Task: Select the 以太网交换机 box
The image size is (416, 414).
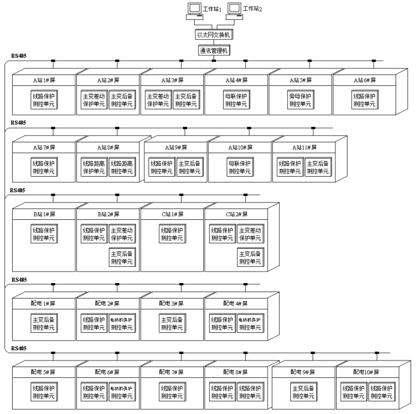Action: click(x=214, y=35)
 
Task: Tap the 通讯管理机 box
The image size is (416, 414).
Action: click(x=214, y=50)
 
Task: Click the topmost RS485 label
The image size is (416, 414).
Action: click(x=19, y=56)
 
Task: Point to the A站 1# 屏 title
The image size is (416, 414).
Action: click(x=44, y=80)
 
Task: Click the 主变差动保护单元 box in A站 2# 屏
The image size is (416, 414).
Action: click(x=93, y=99)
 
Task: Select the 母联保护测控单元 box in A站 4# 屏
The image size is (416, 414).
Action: click(x=236, y=99)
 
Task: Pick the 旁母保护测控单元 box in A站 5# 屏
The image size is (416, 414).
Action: click(x=300, y=99)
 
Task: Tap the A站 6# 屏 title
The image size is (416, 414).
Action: click(x=364, y=80)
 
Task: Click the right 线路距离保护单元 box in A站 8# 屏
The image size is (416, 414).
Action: click(x=121, y=167)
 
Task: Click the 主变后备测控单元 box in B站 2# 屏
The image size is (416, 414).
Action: click(x=121, y=258)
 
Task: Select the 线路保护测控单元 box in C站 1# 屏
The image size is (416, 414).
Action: click(x=172, y=234)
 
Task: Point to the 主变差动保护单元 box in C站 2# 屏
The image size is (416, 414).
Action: click(x=250, y=234)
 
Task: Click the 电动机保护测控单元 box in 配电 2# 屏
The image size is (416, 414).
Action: click(x=121, y=323)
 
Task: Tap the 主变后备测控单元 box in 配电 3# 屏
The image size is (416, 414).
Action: click(x=172, y=323)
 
